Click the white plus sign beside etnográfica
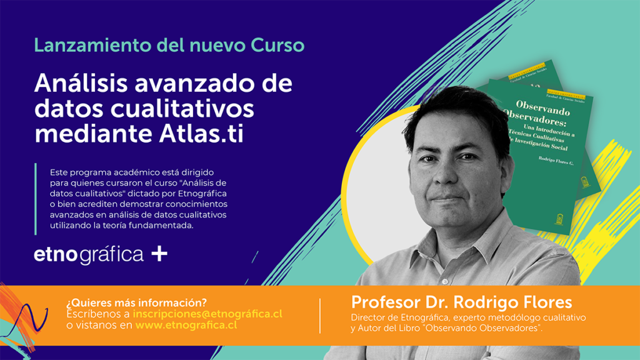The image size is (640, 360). click(x=159, y=254)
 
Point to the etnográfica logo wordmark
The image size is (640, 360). click(x=89, y=255)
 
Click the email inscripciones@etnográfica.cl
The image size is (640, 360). click(x=207, y=314)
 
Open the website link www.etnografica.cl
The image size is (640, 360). click(x=186, y=325)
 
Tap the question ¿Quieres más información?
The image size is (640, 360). click(x=136, y=303)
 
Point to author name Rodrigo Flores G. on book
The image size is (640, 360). click(x=556, y=161)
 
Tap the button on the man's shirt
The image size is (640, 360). click(x=445, y=281)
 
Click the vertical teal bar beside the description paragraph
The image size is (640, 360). click(x=36, y=199)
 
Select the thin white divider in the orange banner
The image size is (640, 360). click(x=320, y=316)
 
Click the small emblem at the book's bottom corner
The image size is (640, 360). click(x=558, y=219)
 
